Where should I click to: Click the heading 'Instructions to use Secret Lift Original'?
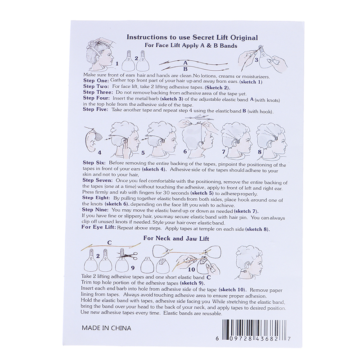click(192, 37)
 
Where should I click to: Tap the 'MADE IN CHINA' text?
click(106, 328)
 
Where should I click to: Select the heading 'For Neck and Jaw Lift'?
click(176, 238)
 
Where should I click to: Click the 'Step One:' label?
click(95, 81)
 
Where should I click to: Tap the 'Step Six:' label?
click(94, 162)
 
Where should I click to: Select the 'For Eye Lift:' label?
click(99, 227)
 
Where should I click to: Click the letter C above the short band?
click(109, 243)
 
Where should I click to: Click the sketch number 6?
click(185, 152)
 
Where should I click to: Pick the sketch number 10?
click(191, 269)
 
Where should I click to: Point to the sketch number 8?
click(260, 152)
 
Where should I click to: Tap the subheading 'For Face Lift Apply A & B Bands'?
click(191, 45)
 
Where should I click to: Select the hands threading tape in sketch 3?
click(263, 58)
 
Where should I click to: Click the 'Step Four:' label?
click(96, 98)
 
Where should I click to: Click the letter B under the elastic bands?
click(185, 69)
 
